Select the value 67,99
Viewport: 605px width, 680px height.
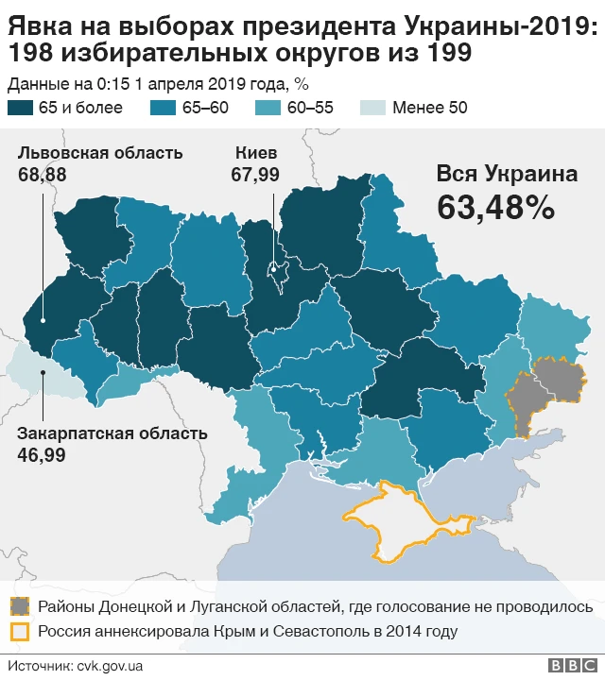(x=255, y=174)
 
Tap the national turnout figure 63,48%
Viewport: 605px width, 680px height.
(x=494, y=208)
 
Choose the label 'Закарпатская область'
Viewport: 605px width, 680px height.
(x=112, y=433)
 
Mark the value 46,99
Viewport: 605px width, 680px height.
(x=41, y=454)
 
